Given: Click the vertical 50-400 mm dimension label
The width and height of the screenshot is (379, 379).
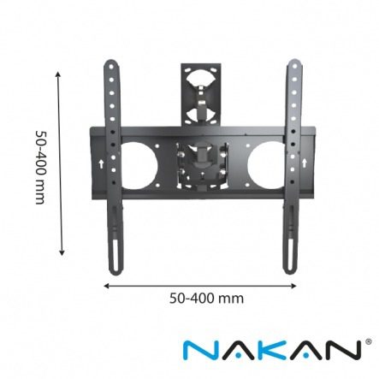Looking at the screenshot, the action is [40, 168].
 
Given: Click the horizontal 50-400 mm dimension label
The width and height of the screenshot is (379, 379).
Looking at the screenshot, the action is [206, 299].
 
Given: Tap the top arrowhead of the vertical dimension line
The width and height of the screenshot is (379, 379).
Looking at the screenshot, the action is [58, 74].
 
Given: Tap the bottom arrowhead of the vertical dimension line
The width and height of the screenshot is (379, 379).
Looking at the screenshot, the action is [62, 252].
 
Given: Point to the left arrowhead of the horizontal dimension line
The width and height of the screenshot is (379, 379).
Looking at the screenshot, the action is [107, 286].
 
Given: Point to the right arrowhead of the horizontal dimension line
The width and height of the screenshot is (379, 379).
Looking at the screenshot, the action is [293, 286].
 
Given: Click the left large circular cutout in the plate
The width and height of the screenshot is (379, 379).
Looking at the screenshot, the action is [139, 166].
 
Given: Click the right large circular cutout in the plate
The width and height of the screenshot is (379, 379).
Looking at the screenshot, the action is [266, 166].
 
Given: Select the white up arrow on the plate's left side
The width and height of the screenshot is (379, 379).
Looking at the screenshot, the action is [101, 164].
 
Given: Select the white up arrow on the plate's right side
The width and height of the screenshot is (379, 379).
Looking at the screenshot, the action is [305, 163].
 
